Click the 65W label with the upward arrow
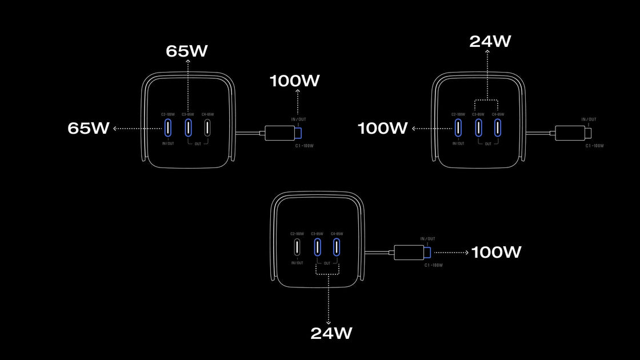click(x=187, y=51)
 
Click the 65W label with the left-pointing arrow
click(x=89, y=129)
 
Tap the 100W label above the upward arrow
click(x=295, y=81)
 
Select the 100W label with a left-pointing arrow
click(x=383, y=129)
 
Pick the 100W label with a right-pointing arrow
click(x=496, y=252)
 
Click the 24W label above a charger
click(x=490, y=41)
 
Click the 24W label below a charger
click(x=331, y=333)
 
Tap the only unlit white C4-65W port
click(x=207, y=128)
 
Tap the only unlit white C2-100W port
click(x=297, y=247)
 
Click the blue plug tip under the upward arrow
click(x=298, y=134)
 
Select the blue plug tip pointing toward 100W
click(x=427, y=252)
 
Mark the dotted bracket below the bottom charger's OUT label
click(x=327, y=271)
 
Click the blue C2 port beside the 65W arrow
click(x=168, y=128)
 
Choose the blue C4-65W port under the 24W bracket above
click(x=498, y=127)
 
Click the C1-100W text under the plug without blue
click(x=594, y=146)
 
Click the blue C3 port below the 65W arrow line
click(x=188, y=128)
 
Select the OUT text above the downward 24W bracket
click(x=327, y=263)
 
